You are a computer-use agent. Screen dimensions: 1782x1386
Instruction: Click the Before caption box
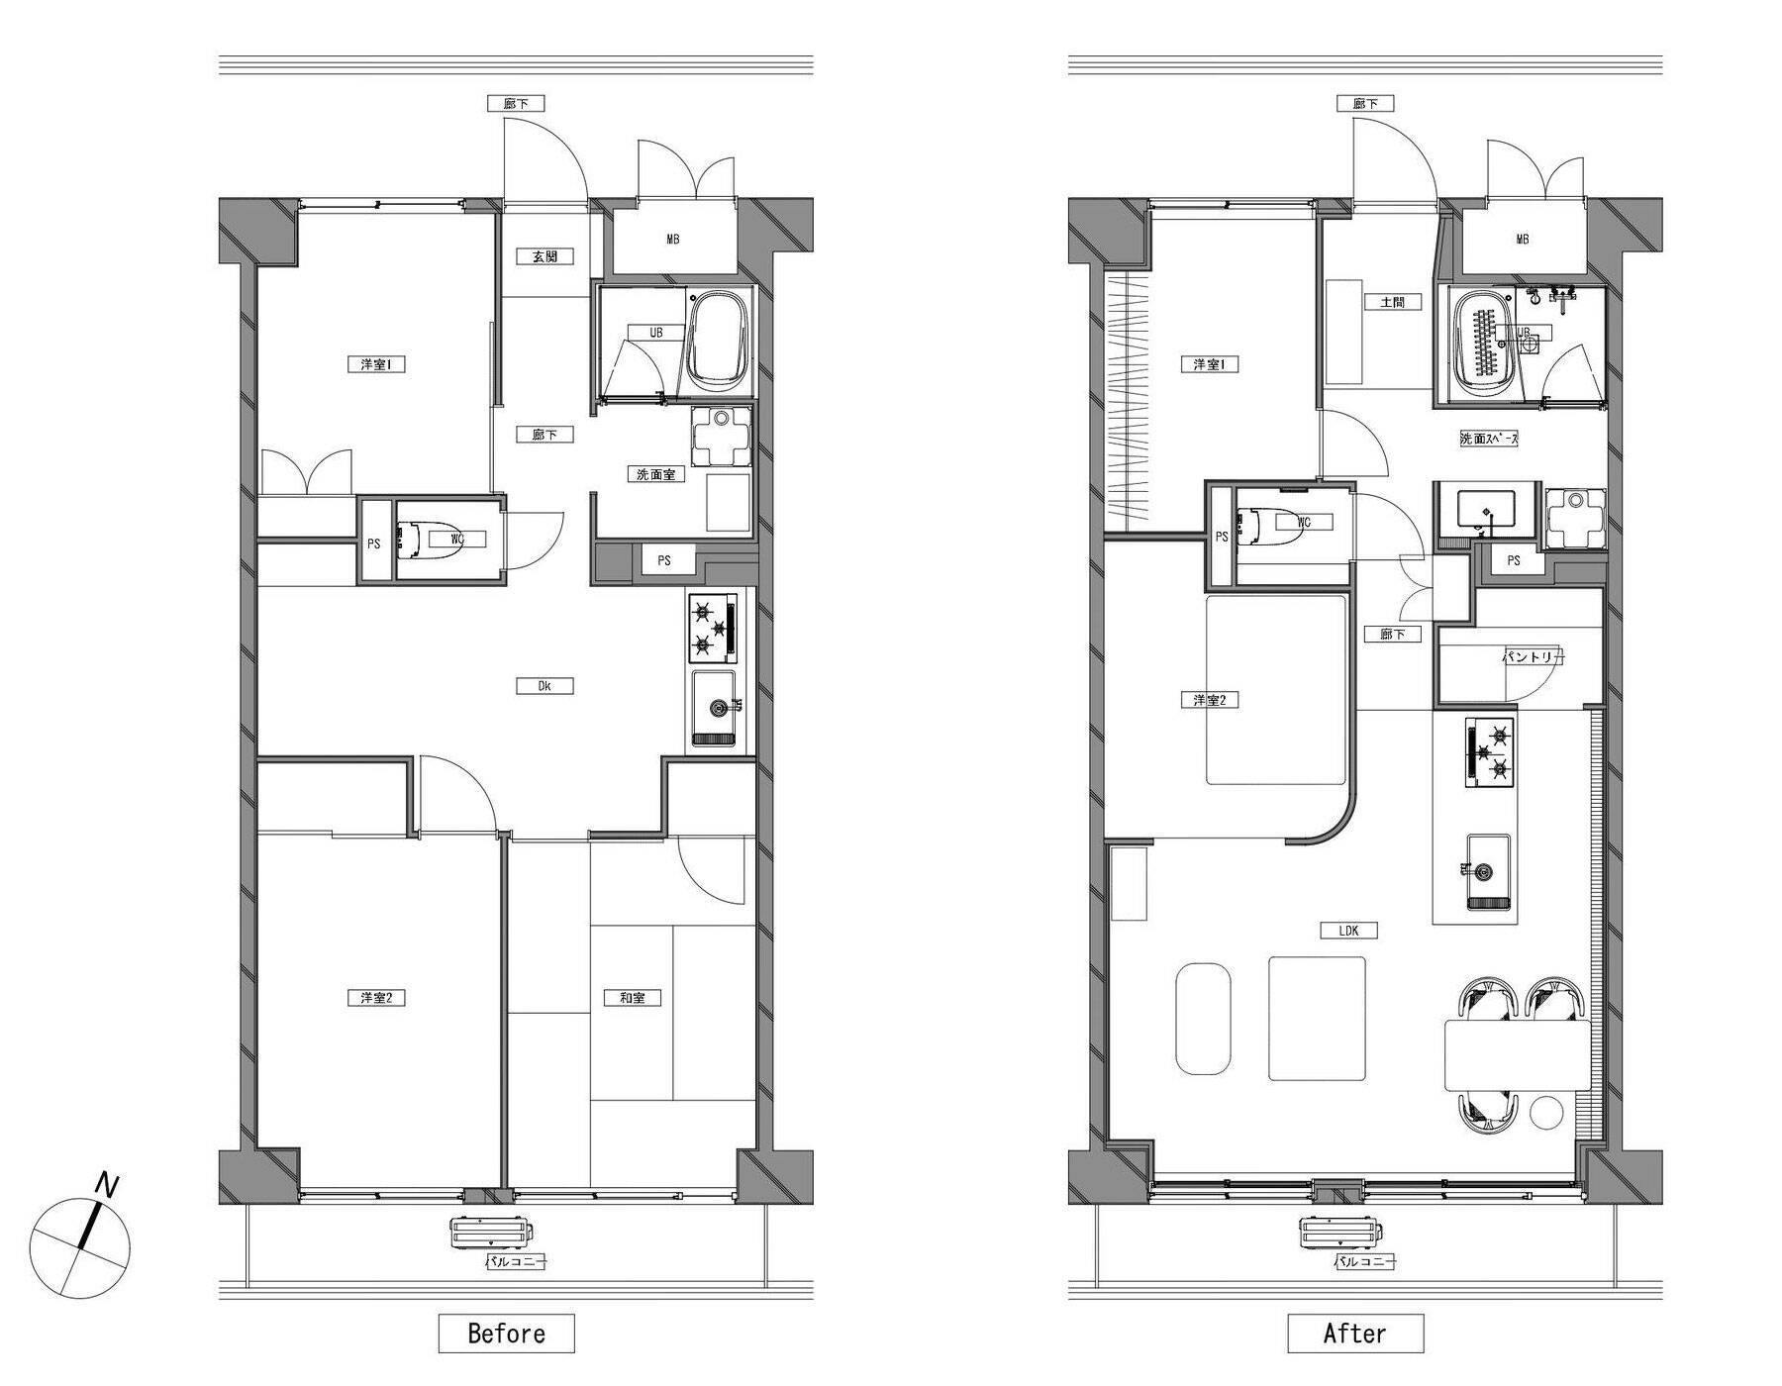coord(506,1333)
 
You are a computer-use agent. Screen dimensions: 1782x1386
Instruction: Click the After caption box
coord(1355,1333)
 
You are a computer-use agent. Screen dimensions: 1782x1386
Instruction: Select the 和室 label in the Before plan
coord(633,998)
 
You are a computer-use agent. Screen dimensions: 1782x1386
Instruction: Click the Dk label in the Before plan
coord(544,686)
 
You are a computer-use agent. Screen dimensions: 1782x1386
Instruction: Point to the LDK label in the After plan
coord(1348,931)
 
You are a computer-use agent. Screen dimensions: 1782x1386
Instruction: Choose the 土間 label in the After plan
coord(1392,302)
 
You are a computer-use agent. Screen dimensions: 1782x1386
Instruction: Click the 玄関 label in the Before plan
coord(544,256)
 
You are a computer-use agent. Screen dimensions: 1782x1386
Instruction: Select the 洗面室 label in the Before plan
coord(655,474)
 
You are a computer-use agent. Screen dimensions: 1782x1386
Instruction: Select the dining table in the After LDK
coord(1517,1055)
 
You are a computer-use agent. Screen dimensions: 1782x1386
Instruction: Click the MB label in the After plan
coord(1522,240)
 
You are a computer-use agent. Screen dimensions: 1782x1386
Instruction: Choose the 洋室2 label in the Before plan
coord(376,998)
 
